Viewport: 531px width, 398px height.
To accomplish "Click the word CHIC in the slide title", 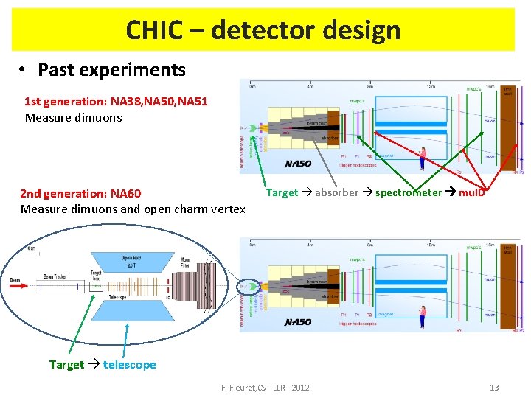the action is (153, 30).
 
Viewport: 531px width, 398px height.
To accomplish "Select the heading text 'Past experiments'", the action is (111, 70).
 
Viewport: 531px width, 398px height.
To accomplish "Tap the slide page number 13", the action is (494, 388).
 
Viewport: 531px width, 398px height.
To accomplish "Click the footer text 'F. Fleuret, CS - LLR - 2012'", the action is (265, 388).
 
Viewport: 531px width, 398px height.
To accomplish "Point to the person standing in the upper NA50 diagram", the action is (423, 156).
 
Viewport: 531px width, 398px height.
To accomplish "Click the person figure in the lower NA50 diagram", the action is (423, 315).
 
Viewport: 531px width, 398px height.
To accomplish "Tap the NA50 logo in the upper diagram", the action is (298, 163).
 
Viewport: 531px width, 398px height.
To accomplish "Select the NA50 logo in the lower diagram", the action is (298, 322).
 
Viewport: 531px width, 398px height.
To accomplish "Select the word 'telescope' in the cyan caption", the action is (130, 365).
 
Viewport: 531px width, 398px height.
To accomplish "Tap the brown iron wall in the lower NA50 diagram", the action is (508, 287).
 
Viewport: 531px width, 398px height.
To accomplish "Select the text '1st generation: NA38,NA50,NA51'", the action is (116, 102).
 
